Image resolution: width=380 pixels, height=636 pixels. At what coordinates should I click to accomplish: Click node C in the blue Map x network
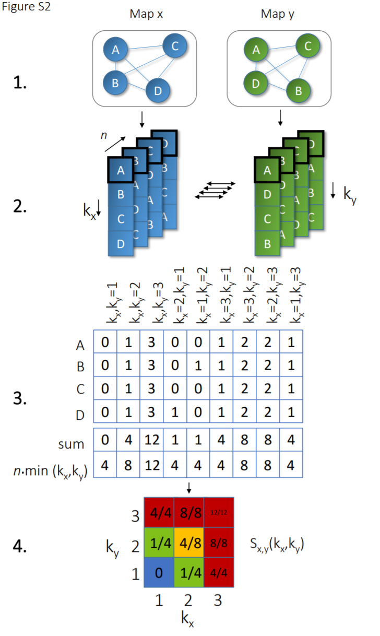[175, 46]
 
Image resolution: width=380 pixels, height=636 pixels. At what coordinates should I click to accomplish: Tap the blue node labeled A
[116, 51]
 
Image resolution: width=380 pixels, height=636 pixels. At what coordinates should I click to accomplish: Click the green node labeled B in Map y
[299, 91]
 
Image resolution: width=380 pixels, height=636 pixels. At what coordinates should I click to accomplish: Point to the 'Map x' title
[146, 14]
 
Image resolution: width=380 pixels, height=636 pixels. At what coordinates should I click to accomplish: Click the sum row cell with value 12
[152, 440]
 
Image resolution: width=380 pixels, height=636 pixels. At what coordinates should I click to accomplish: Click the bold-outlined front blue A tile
[121, 170]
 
